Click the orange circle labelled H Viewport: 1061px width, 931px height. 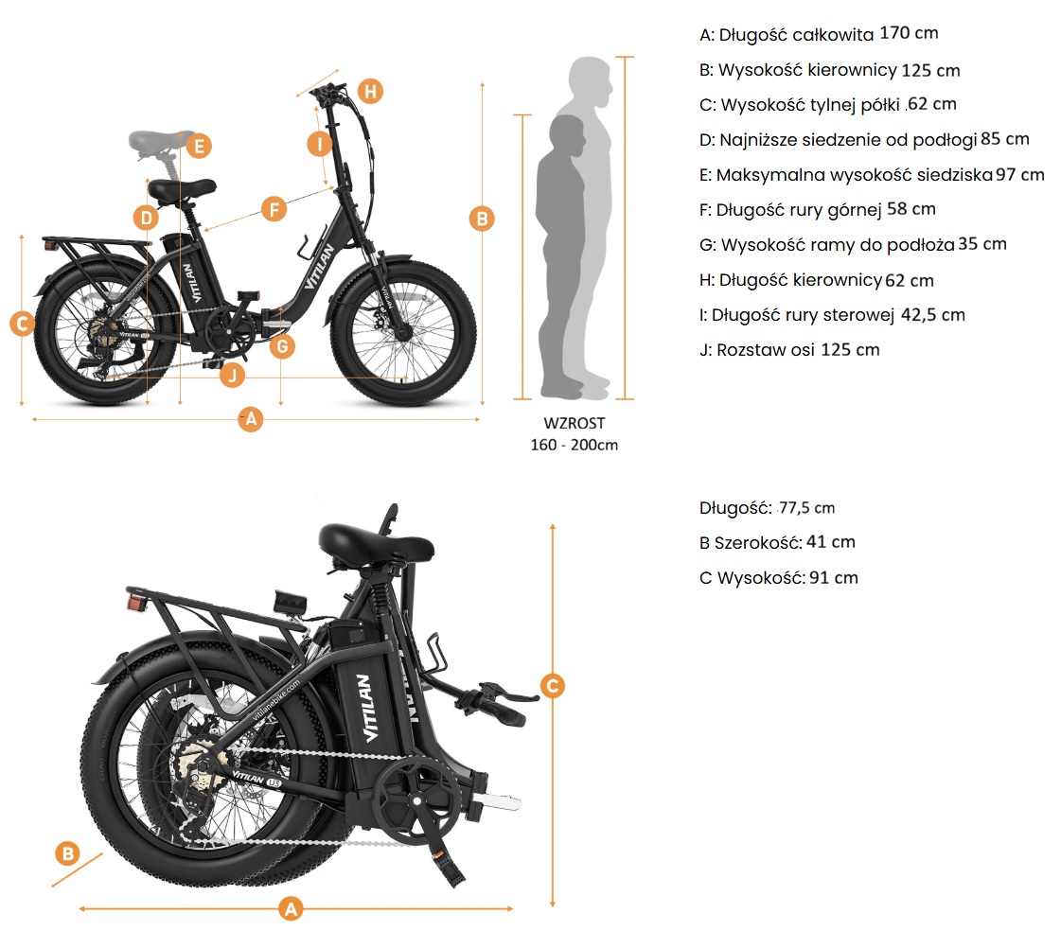point(371,91)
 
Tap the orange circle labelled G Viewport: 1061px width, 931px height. point(282,346)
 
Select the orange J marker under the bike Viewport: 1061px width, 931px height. point(232,376)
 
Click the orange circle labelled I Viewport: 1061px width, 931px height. point(320,144)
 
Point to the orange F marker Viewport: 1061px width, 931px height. point(273,209)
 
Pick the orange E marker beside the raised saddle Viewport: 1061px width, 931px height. point(199,146)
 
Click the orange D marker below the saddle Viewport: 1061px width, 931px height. point(145,218)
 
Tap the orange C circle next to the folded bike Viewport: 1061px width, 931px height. point(553,686)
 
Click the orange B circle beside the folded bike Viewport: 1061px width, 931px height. point(66,852)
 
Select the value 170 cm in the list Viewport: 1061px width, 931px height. point(909,33)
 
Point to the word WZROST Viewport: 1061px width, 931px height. point(575,424)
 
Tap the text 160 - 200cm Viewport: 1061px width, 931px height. point(575,445)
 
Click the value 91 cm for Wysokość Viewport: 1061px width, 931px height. point(834,577)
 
